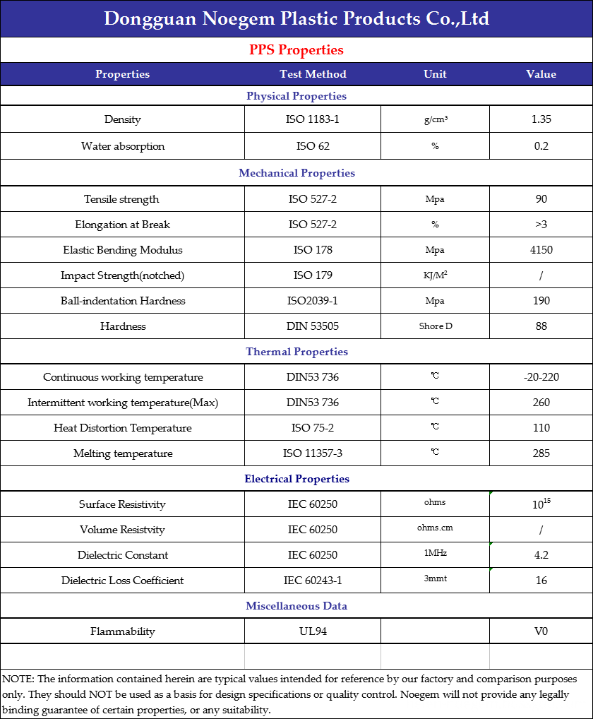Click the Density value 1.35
pos(541,119)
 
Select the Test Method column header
pos(313,74)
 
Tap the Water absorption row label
pos(123,146)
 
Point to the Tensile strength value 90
pos(541,199)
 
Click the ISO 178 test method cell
pos(313,250)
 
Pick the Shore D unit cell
pos(435,326)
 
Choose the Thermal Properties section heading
pos(296,352)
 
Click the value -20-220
pos(541,377)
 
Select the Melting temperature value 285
pos(541,453)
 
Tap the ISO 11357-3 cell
pos(313,453)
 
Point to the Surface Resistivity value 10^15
pos(541,504)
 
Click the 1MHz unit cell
pos(435,554)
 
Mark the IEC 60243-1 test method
pos(313,581)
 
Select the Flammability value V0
pos(541,631)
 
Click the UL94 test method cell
pos(313,631)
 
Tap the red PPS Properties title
pos(296,50)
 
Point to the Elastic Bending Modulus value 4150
pos(541,250)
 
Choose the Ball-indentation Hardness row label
pos(123,301)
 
